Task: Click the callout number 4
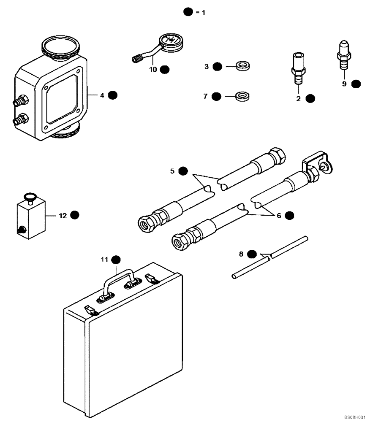(102, 95)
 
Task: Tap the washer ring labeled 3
(243, 66)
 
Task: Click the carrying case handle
(120, 280)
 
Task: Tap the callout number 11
(104, 259)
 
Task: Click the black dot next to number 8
(252, 254)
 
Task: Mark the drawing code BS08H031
(354, 417)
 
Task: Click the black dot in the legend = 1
(188, 12)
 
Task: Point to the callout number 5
(172, 171)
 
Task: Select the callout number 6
(279, 215)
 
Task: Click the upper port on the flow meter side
(20, 101)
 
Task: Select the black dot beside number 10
(164, 69)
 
